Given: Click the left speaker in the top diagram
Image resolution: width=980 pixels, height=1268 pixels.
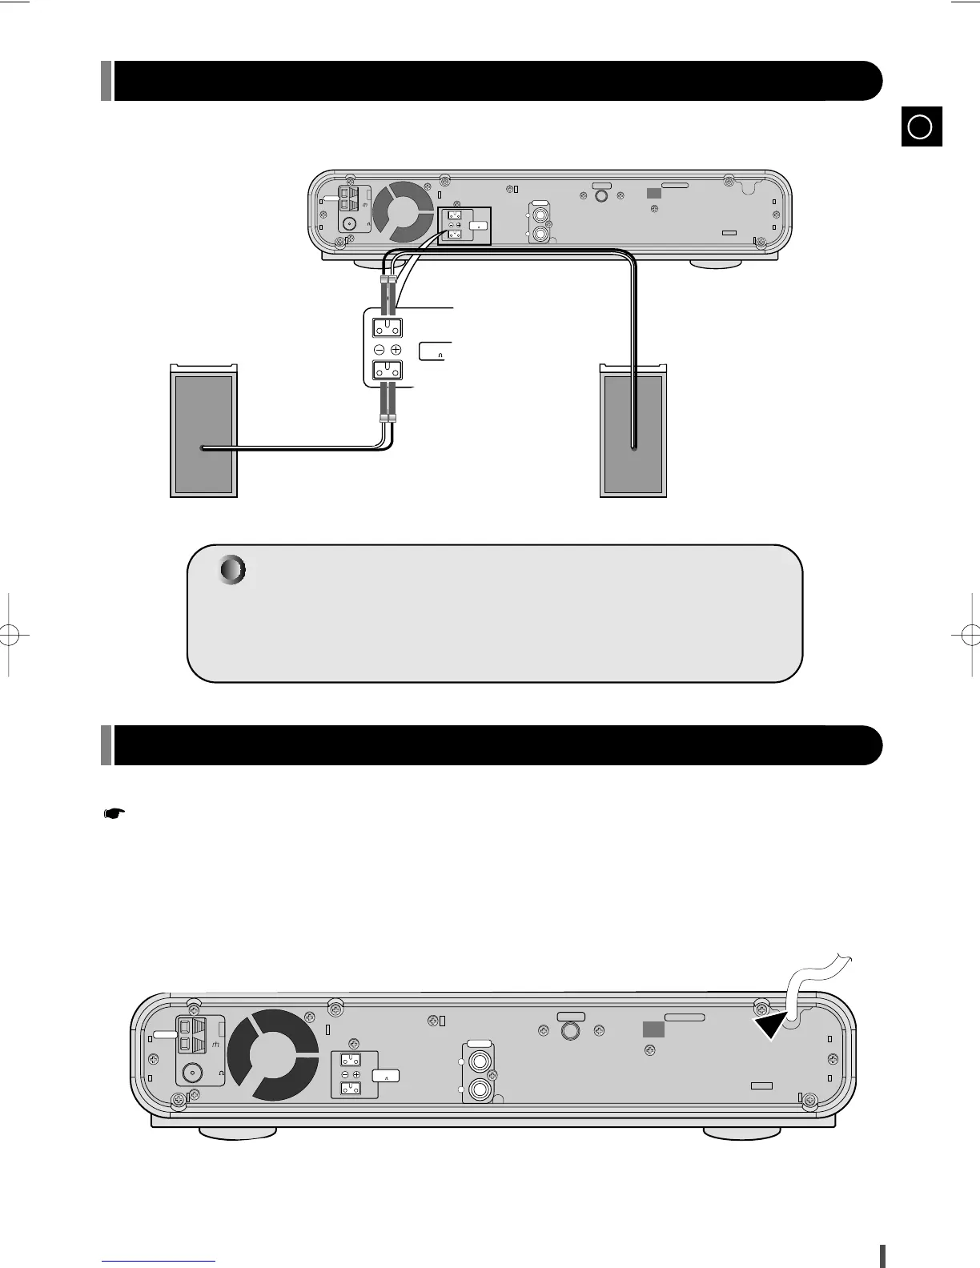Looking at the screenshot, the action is point(203,432).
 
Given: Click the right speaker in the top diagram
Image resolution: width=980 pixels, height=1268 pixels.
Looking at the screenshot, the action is point(633,432).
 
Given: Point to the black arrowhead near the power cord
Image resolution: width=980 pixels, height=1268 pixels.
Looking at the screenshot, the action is point(771,1023).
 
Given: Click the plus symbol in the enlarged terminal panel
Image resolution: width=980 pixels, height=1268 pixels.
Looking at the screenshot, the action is point(396,350).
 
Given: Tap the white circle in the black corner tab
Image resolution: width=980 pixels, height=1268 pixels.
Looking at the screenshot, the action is point(921,126).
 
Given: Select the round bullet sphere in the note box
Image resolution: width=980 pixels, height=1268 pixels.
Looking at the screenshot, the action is point(232,570).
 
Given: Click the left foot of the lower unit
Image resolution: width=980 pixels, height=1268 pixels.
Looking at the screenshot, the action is point(237,1133).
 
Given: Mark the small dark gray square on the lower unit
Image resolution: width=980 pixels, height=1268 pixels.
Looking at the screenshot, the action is point(653,1029).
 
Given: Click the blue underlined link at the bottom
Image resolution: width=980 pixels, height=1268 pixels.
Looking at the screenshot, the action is point(159,1260).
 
